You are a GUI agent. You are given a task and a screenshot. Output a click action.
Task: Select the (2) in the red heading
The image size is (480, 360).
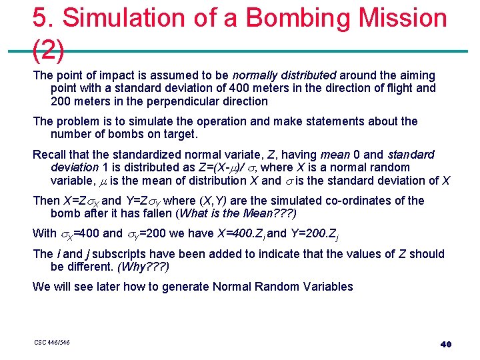click(48, 49)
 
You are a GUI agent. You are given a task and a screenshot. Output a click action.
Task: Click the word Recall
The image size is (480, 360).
click(50, 154)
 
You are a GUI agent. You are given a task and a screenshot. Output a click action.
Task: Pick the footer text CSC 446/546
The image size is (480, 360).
click(52, 343)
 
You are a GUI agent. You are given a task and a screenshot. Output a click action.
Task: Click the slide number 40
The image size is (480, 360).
click(446, 344)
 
